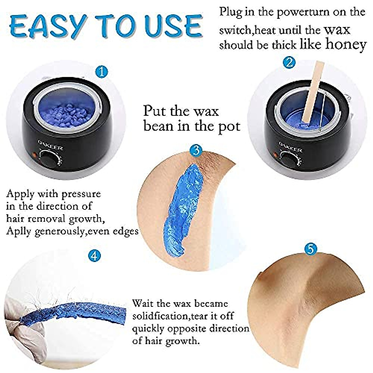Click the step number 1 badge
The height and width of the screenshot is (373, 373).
[x=102, y=73]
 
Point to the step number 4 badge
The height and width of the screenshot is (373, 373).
[x=94, y=256]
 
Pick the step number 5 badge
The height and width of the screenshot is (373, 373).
[x=311, y=249]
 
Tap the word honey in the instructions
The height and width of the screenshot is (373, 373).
[x=346, y=44]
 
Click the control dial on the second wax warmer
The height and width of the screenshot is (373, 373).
[x=289, y=159]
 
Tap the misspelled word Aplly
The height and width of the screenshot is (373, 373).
[x=19, y=232]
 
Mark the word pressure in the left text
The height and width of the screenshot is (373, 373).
[x=81, y=194]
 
